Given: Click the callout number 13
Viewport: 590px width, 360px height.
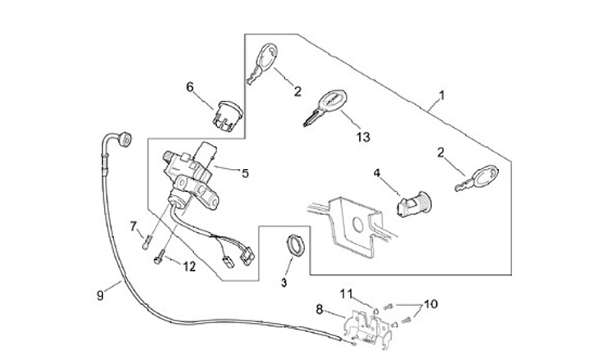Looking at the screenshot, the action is (x=363, y=137).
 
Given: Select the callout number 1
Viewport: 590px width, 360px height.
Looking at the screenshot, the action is (x=442, y=95).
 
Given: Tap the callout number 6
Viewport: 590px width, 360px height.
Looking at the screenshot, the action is (x=190, y=87).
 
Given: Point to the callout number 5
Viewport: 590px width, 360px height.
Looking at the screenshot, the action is (x=245, y=173).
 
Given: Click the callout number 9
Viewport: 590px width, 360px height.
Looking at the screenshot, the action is (x=100, y=295).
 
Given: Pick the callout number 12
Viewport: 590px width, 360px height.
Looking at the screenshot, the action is (x=189, y=267).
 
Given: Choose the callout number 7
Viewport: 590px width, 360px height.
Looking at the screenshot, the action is (x=133, y=226).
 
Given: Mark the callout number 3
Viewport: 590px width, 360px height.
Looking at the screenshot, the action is (x=284, y=282).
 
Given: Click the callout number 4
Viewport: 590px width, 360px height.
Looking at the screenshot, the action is (x=377, y=173).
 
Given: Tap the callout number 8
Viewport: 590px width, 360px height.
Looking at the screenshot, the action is (x=319, y=309).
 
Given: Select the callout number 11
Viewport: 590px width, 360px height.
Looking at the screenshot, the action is (x=346, y=293).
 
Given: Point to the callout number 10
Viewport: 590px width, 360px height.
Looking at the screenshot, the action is (x=431, y=303).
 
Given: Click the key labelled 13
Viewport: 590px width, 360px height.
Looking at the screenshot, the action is (x=325, y=107).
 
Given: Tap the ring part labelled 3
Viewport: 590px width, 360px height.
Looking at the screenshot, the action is (x=296, y=245).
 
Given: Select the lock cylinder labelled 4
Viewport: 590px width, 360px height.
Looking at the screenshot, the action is (x=414, y=203).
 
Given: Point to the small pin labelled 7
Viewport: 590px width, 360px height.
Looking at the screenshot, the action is (x=147, y=242).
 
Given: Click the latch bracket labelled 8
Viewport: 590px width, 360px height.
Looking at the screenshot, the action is (x=368, y=328).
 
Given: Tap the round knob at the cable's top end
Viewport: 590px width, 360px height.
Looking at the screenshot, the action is (x=125, y=139).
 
